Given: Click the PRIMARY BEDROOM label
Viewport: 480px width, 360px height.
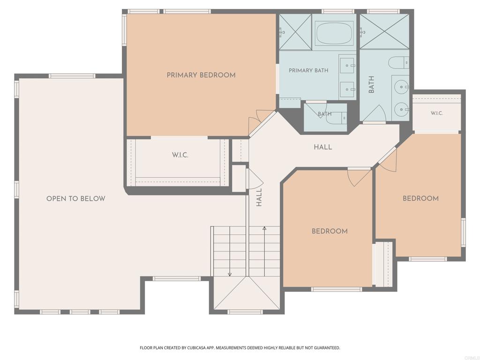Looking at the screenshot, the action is (201, 75).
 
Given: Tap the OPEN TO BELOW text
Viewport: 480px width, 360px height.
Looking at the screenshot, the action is (75, 199).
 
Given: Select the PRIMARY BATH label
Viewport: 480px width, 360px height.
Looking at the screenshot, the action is (308, 70).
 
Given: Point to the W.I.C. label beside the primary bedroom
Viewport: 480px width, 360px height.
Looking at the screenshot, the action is (180, 155).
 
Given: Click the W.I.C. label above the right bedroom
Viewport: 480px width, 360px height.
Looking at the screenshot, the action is (437, 113).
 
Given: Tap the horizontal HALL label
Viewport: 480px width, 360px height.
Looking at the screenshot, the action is (323, 147).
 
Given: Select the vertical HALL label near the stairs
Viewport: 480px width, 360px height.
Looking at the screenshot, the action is (259, 197).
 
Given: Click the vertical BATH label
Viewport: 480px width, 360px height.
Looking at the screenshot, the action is (371, 84).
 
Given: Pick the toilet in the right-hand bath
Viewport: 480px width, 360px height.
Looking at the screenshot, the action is (398, 63).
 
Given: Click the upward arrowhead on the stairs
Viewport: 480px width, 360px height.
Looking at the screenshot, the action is (264, 228).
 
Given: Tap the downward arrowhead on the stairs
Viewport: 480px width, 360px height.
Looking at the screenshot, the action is (230, 274).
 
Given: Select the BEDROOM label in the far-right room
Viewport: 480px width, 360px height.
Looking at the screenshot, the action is (420, 199).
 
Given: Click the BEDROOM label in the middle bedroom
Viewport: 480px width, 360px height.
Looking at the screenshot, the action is (330, 232).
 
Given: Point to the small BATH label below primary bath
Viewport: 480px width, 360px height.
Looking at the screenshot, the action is (324, 114).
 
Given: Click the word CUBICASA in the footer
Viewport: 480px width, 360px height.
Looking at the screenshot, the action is (197, 348).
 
